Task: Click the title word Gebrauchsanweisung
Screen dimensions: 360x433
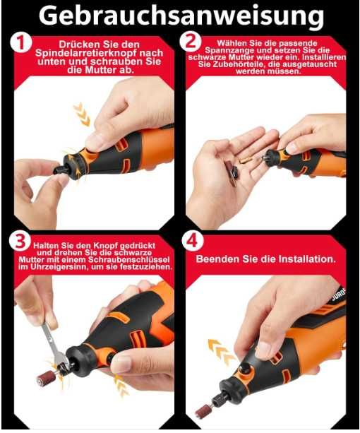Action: click(x=181, y=17)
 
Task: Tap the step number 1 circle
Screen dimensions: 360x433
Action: click(x=20, y=43)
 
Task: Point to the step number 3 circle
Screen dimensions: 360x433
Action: click(x=20, y=241)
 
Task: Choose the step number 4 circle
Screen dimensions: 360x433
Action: click(x=192, y=241)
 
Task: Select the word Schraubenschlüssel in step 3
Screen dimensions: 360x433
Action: click(x=129, y=260)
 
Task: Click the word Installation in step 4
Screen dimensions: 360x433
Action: click(x=307, y=259)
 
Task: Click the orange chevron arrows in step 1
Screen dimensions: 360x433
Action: click(x=82, y=114)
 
